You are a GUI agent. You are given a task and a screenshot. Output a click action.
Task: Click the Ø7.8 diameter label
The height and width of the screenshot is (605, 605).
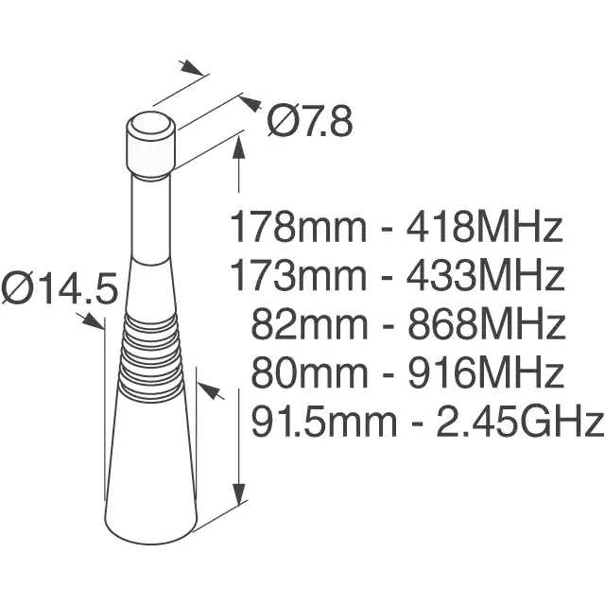point(310,121)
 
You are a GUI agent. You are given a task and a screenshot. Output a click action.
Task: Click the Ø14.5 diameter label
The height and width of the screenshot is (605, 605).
point(59,287)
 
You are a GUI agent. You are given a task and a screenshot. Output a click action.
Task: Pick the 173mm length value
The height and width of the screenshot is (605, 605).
point(298,275)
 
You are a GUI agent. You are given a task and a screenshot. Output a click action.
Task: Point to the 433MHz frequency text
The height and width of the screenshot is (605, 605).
point(485,275)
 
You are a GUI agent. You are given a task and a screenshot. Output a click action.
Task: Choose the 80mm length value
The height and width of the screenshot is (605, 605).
point(309,372)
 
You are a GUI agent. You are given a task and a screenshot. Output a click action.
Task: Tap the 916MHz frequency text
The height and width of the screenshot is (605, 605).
point(485,372)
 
